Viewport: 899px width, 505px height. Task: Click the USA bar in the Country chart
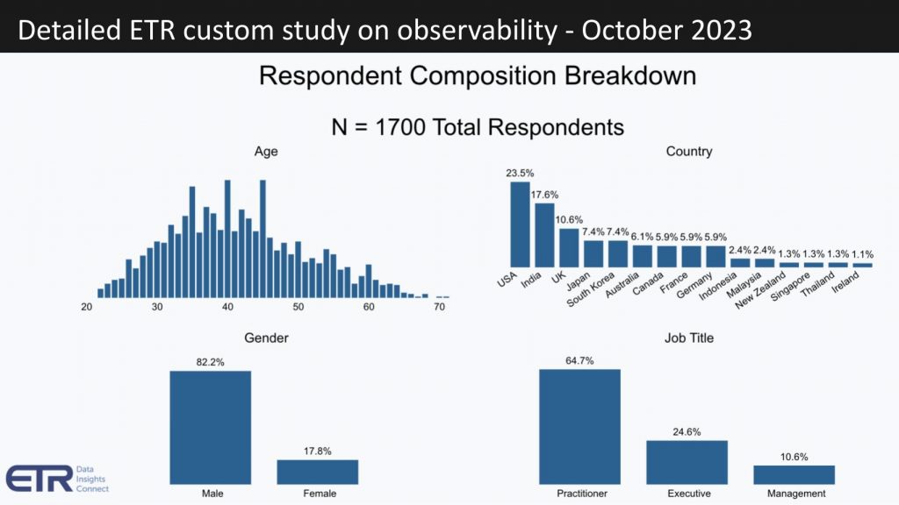pyautogui.click(x=520, y=224)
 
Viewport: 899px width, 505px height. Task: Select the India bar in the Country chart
pyautogui.click(x=544, y=235)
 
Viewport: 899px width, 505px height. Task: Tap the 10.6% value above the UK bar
pyautogui.click(x=569, y=219)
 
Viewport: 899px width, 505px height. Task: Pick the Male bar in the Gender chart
pyautogui.click(x=210, y=427)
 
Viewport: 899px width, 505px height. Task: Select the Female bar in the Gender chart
pyautogui.click(x=317, y=472)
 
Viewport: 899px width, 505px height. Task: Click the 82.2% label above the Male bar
pyautogui.click(x=210, y=360)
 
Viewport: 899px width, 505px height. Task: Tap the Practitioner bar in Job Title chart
pyautogui.click(x=579, y=426)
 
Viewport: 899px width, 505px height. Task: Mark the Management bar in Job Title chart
pyautogui.click(x=794, y=474)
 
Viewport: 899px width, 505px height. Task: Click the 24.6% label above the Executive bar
pyautogui.click(x=687, y=430)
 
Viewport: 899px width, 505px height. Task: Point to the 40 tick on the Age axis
pyautogui.click(x=227, y=308)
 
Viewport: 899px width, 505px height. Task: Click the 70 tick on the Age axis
pyautogui.click(x=439, y=308)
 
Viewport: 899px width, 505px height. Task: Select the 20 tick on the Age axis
pyautogui.click(x=87, y=308)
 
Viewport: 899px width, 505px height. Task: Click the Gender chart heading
pyautogui.click(x=265, y=338)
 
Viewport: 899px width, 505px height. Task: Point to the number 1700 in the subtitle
pyautogui.click(x=400, y=127)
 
